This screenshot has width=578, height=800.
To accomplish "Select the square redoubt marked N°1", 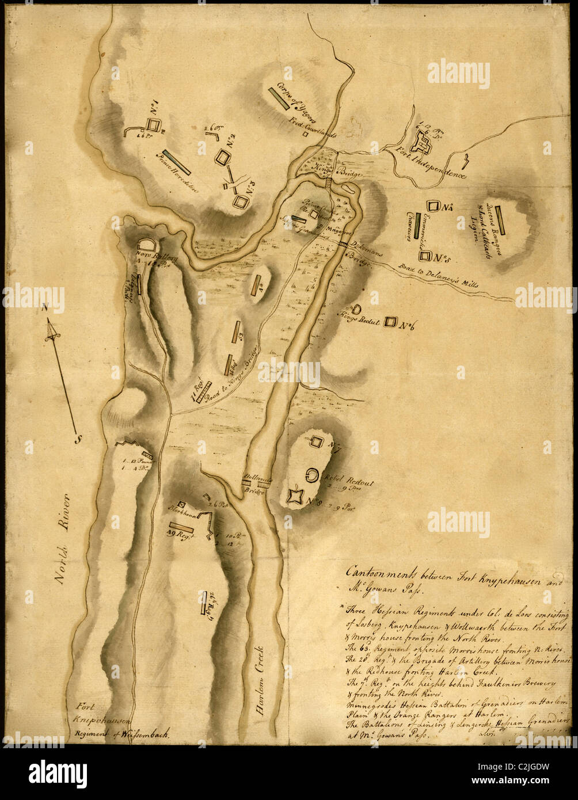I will tap(153, 125).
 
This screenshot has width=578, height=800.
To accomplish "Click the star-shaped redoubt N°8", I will tap(295, 496).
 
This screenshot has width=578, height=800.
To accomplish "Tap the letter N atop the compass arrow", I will tap(45, 307).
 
